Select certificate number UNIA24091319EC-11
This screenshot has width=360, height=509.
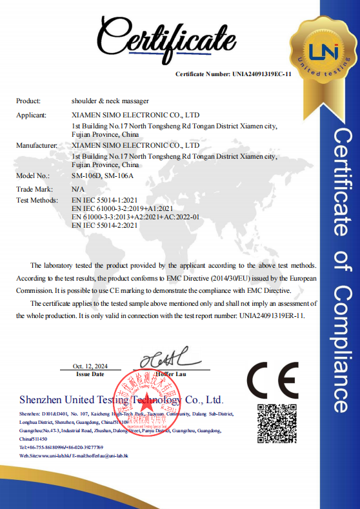(262, 74)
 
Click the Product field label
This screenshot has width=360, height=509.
(28, 101)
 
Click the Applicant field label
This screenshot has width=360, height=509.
(31, 115)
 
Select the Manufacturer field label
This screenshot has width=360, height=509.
(35, 146)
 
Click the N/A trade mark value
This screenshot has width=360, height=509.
(78, 189)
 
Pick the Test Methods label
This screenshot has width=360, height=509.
(37, 201)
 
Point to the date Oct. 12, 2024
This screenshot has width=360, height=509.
(90, 366)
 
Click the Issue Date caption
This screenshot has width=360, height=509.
(90, 374)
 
